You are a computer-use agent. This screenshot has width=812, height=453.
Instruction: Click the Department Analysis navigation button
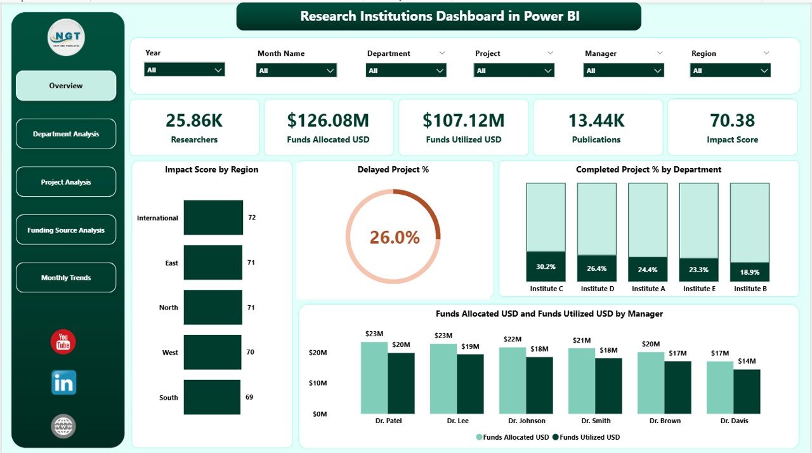click(x=66, y=134)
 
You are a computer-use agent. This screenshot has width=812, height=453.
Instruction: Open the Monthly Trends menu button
click(x=66, y=278)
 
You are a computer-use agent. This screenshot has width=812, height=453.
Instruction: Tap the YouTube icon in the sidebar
click(x=63, y=342)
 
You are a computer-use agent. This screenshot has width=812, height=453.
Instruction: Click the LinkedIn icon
click(x=63, y=383)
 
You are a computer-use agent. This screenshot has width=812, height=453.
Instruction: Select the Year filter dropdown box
click(x=184, y=70)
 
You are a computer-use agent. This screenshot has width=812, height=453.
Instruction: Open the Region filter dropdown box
click(x=730, y=70)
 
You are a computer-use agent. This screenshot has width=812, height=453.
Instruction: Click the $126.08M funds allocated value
click(x=328, y=121)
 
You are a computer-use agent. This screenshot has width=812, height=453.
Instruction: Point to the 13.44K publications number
click(x=596, y=121)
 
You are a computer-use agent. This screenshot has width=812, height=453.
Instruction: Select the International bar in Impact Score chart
click(x=213, y=218)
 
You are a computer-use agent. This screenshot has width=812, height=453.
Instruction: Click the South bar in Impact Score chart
click(x=213, y=397)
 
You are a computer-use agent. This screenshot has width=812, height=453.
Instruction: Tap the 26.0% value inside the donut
click(x=395, y=237)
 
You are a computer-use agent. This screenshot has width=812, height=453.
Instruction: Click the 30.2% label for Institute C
click(x=546, y=267)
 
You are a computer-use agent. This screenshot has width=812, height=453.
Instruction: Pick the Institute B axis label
click(x=750, y=289)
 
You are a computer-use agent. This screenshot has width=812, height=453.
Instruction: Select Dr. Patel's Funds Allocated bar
click(x=374, y=377)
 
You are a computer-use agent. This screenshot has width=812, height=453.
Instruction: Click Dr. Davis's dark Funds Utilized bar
click(x=747, y=391)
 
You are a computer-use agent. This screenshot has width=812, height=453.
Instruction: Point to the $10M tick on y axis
click(x=317, y=383)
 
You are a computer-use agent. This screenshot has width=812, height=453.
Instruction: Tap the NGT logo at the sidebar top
click(x=66, y=38)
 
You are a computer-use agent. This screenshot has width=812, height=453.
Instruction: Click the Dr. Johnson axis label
click(x=526, y=421)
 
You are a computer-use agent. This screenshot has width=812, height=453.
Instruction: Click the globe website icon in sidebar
click(x=63, y=426)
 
